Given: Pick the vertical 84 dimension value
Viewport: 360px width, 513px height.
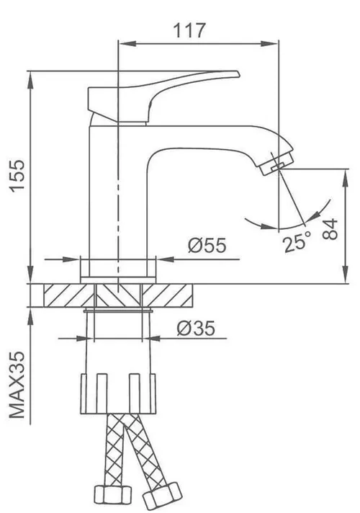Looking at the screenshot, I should tap(331, 229).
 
